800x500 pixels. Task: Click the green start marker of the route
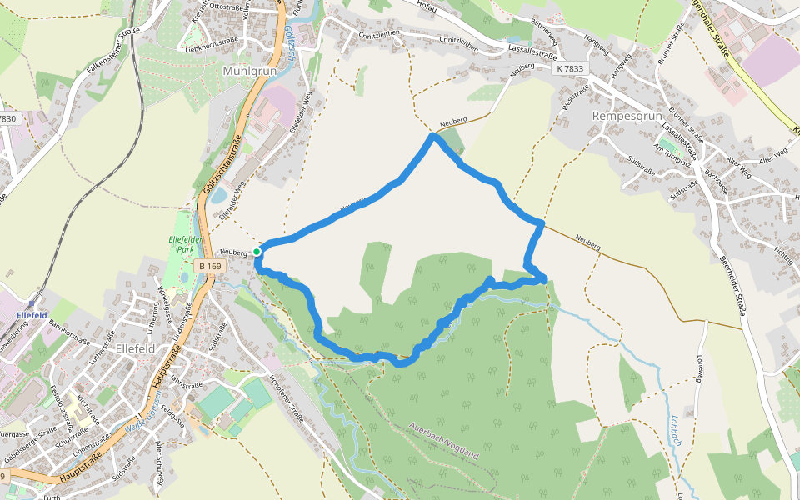click(x=257, y=251)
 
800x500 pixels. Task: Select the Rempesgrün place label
click(x=626, y=116)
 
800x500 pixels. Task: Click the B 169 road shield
click(x=210, y=266)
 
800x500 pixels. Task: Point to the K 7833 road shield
click(x=570, y=69)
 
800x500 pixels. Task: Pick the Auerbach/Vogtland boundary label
click(x=443, y=441)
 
